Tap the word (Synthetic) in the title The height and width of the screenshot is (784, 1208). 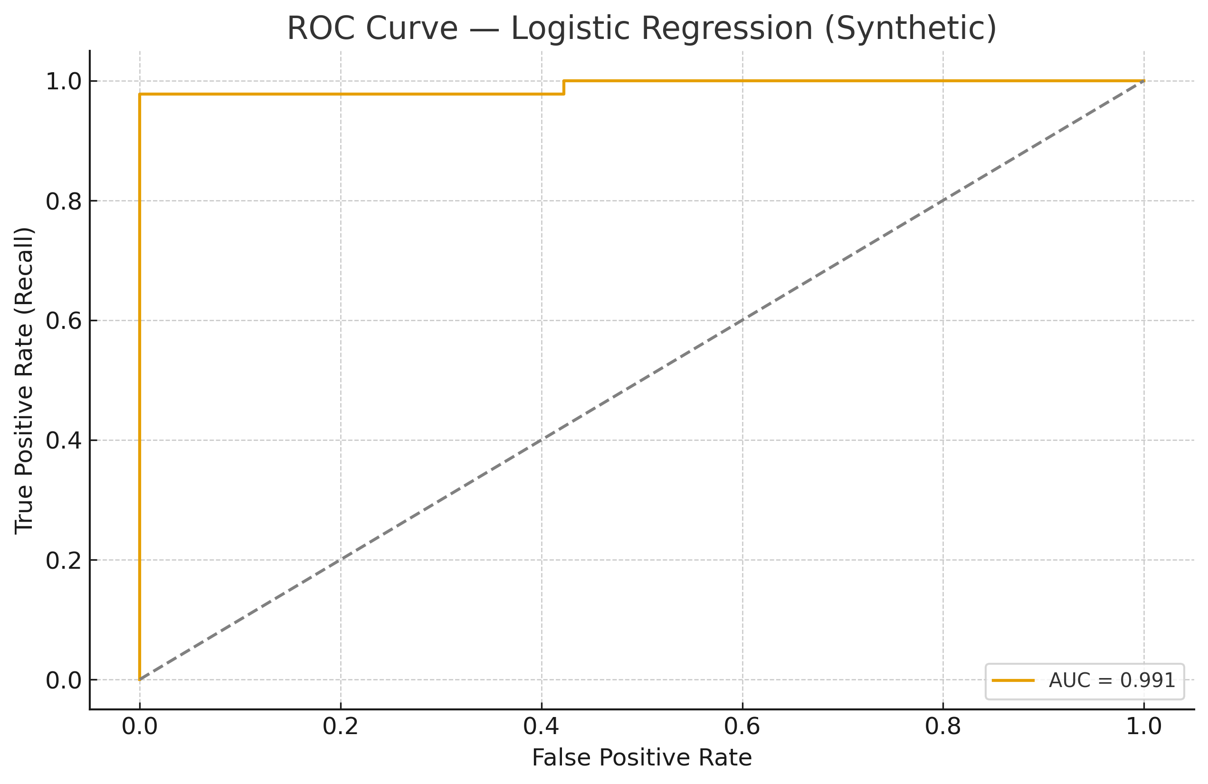pos(911,29)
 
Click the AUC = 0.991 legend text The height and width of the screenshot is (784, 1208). pos(1112,681)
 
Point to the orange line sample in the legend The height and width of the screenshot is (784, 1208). pos(1013,681)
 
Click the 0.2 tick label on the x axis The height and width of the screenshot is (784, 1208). pos(341,727)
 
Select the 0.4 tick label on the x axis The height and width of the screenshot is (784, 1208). pos(541,727)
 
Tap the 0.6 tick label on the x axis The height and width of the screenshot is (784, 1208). pos(742,727)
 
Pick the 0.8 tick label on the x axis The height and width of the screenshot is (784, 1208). pos(943,727)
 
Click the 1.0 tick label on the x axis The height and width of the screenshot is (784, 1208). pos(1144,727)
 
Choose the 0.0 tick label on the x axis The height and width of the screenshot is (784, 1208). pos(140,727)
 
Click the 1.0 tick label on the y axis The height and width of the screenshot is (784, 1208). pos(64,82)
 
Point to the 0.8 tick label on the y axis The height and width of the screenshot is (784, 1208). pos(64,201)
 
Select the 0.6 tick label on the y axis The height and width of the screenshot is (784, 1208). pos(64,321)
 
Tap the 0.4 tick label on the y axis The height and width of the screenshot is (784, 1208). pos(64,441)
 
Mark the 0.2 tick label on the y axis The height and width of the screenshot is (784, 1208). pos(64,561)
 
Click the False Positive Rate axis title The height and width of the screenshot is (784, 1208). pos(642,758)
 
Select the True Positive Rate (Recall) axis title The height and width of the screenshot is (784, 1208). pos(24,380)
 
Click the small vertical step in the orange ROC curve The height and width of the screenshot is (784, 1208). pos(564,87)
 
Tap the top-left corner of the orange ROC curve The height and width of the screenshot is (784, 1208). pos(140,95)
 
